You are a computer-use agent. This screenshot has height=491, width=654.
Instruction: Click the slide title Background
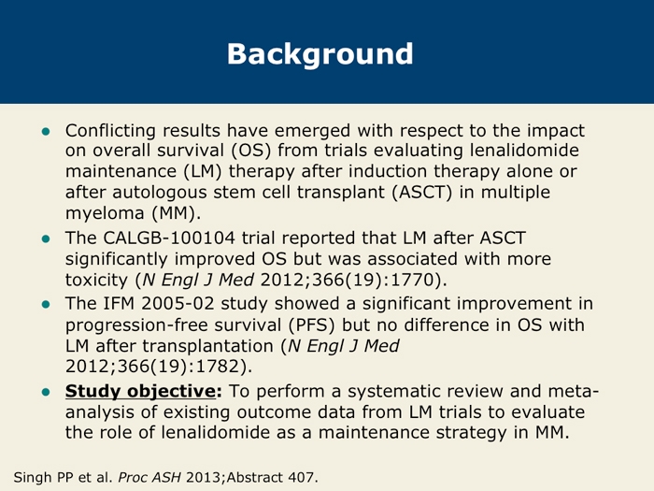[x=320, y=54]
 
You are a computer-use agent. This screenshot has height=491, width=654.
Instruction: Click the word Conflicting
[x=110, y=131]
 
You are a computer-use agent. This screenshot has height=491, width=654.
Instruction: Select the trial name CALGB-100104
[x=169, y=238]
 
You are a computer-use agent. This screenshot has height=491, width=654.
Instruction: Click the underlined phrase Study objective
[x=140, y=392]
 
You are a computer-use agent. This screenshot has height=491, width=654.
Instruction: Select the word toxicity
[x=96, y=280]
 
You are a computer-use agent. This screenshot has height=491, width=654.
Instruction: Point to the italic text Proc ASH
[x=149, y=477]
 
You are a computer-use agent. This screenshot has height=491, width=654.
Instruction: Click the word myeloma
[x=105, y=214]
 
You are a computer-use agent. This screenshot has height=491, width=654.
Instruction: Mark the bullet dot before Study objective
[x=46, y=392]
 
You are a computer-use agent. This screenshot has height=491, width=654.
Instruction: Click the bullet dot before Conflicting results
[x=46, y=132]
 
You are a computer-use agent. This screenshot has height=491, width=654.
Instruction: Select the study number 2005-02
[x=178, y=304]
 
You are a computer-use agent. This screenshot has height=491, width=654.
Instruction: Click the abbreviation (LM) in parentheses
[x=203, y=171]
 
